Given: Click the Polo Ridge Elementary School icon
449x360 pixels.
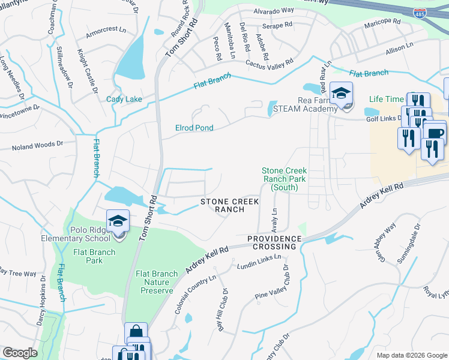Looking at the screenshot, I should pos(118,221).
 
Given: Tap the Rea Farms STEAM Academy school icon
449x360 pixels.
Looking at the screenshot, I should pos(341,94).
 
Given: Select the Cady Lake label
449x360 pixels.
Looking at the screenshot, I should pos(124,99).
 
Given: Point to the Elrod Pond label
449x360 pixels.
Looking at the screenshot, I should pos(194,128).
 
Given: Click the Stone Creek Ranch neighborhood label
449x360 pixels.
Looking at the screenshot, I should pos(222,205).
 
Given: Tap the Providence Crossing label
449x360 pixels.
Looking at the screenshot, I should pos(274,242).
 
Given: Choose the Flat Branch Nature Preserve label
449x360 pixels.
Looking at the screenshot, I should pos(157,281).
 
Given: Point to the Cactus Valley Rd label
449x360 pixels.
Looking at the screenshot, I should pos(269,62).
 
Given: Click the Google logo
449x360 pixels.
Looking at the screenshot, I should pos(20,353).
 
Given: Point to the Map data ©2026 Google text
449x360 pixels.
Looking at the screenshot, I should pos(411,355).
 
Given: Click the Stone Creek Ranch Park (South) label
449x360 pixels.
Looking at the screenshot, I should pos(284,179).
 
